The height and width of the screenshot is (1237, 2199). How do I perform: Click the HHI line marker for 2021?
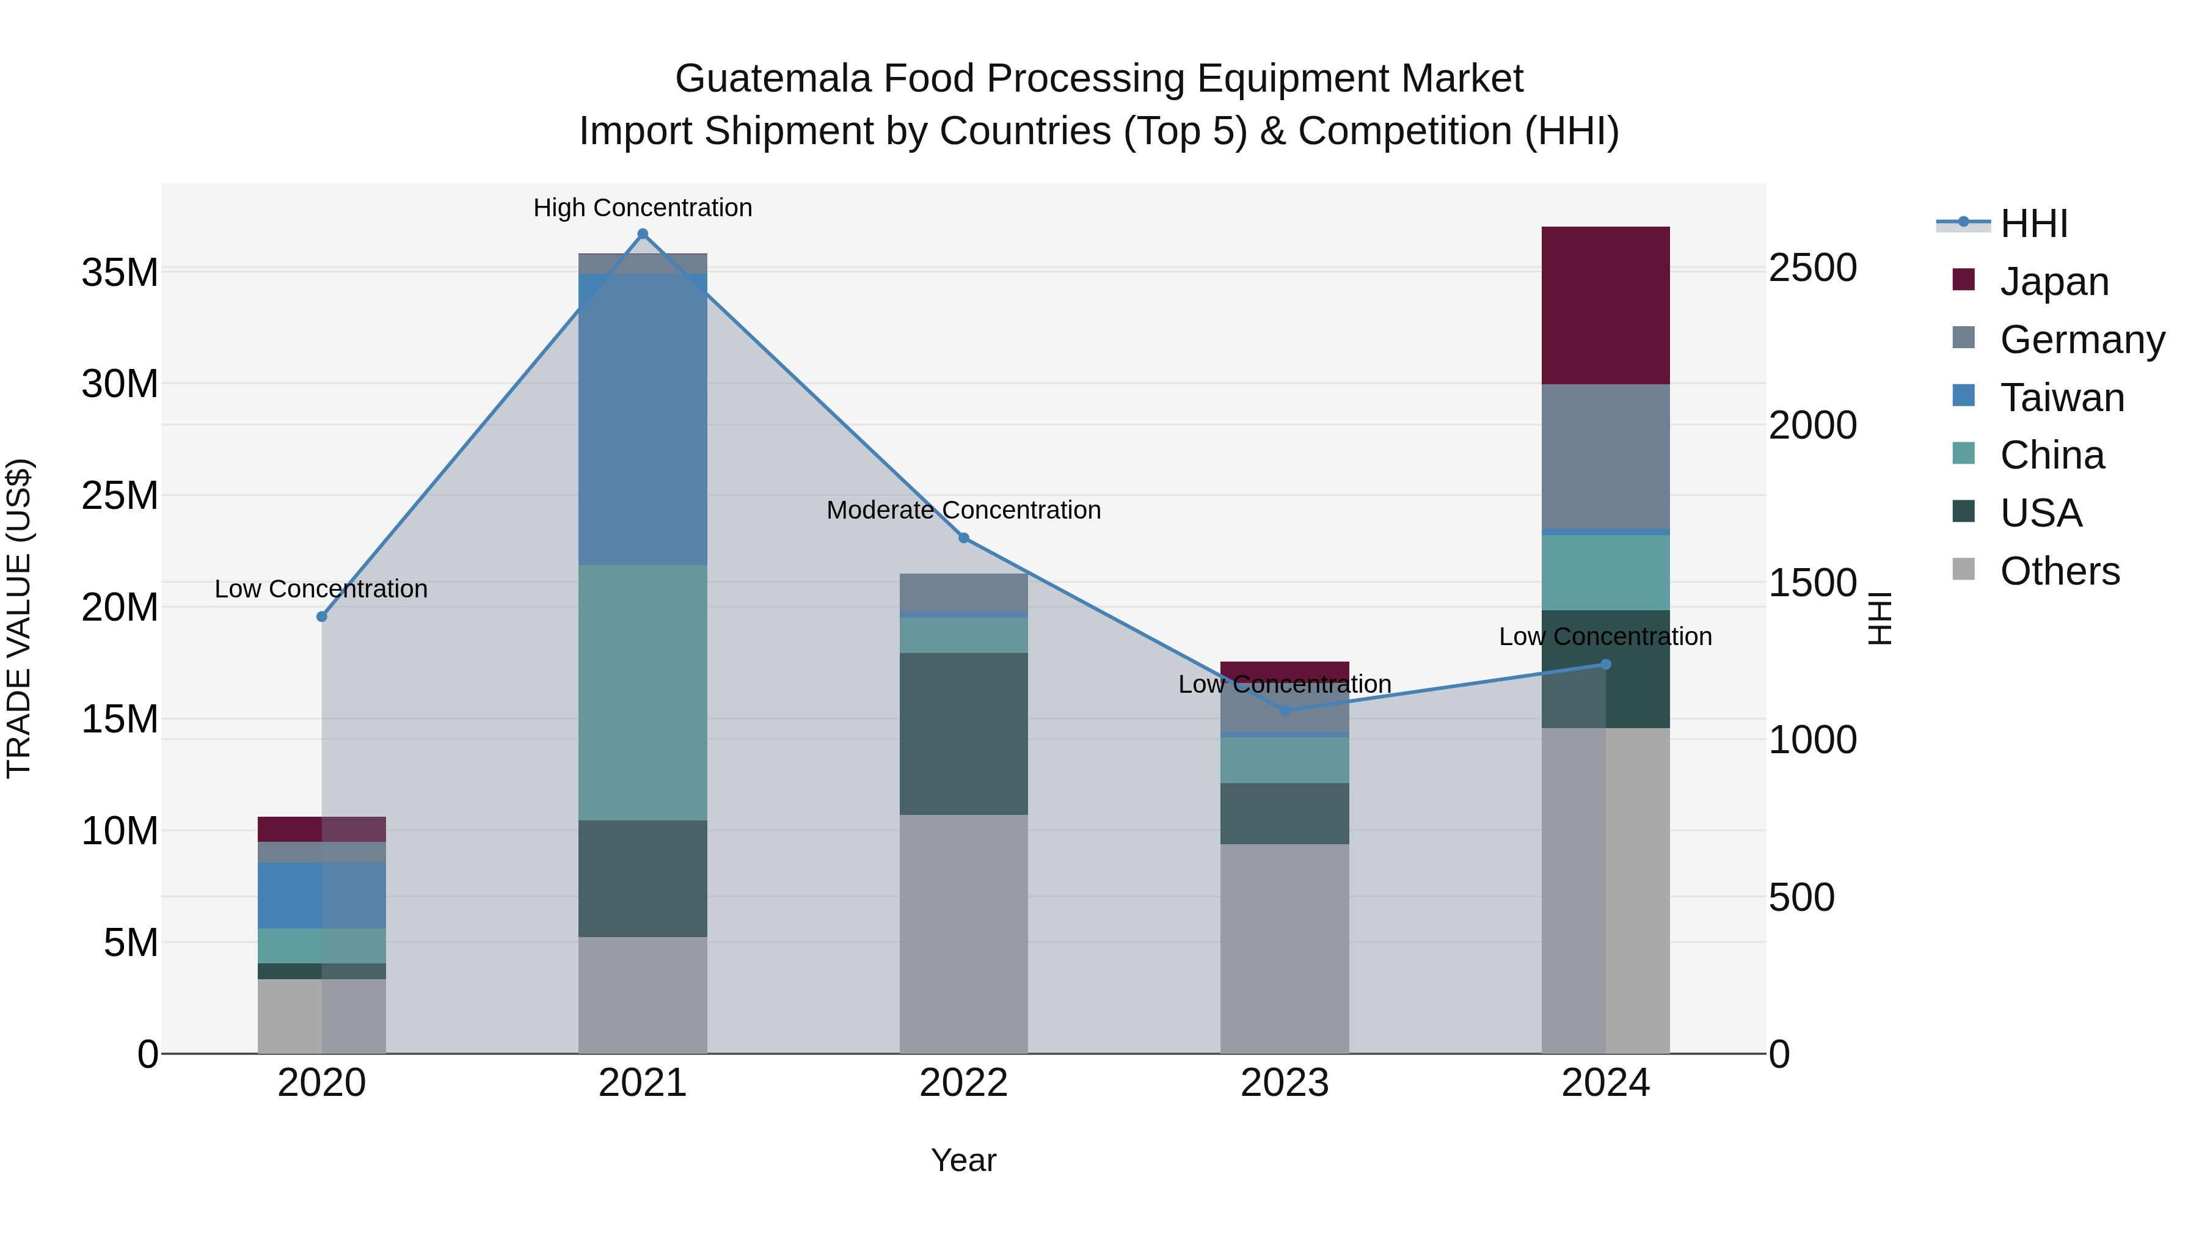point(643,234)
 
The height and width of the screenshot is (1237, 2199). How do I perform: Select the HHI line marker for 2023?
point(1285,710)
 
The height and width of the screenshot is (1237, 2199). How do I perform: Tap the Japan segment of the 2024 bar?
point(1605,305)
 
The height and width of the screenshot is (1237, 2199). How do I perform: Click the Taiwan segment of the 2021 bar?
point(643,418)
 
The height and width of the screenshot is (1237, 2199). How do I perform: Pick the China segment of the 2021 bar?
point(643,691)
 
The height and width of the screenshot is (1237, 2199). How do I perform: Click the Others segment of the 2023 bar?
point(1285,947)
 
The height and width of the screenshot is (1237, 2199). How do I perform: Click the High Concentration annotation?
point(643,208)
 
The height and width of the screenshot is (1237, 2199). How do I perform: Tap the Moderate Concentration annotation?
point(964,509)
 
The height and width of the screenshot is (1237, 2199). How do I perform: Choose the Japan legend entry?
point(2053,282)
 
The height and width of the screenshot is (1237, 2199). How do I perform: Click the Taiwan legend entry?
point(2061,398)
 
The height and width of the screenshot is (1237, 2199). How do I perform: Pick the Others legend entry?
point(2059,571)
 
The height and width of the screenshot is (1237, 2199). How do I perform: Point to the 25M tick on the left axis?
point(120,495)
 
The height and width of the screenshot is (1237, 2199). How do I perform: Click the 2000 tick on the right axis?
point(1812,425)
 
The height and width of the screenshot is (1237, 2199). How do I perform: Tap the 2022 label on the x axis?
point(964,1083)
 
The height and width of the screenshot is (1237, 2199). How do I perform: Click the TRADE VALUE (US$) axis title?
point(19,618)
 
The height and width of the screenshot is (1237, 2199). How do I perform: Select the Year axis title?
point(964,1160)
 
